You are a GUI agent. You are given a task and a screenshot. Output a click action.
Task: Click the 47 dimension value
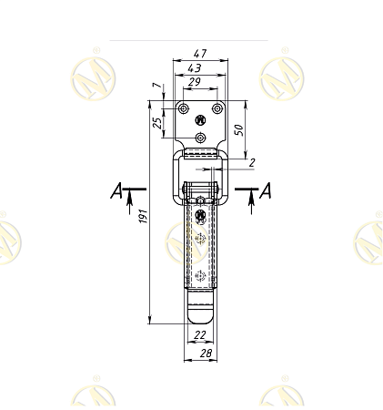pyautogui.click(x=200, y=54)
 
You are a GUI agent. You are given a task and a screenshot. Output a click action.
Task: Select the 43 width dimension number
pyautogui.click(x=195, y=68)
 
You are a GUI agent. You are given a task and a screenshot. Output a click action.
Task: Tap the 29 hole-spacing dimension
pyautogui.click(x=195, y=82)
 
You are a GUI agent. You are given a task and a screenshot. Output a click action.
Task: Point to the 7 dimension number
pyautogui.click(x=157, y=85)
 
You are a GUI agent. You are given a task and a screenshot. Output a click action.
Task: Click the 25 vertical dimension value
pyautogui.click(x=157, y=123)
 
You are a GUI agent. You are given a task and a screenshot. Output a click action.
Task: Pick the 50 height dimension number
pyautogui.click(x=239, y=130)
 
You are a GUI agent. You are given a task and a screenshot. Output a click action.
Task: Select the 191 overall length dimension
pyautogui.click(x=143, y=216)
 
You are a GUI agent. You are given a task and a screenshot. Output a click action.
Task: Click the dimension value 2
pyautogui.click(x=252, y=163)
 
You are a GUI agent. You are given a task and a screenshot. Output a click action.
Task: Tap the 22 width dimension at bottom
pyautogui.click(x=200, y=334)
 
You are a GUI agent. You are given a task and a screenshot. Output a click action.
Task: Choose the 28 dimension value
pyautogui.click(x=207, y=353)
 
